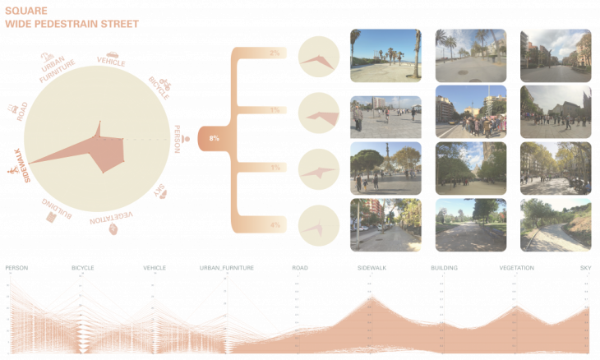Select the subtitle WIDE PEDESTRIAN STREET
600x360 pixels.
coord(71,25)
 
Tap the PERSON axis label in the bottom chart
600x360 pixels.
coord(16,268)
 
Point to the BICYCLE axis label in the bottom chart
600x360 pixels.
coord(82,268)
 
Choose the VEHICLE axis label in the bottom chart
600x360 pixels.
coord(154,268)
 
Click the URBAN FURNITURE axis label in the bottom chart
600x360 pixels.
coord(226,268)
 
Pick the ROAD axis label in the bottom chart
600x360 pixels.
coord(299,268)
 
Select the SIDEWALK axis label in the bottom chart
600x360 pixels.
coord(372,268)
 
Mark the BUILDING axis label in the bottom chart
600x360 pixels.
coord(443,268)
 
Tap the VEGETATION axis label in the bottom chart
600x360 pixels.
coord(515,268)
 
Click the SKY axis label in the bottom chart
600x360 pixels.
coord(584,268)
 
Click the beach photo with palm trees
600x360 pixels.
coord(385,55)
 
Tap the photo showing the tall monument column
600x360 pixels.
coord(385,168)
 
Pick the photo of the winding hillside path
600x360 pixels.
coord(555,224)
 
